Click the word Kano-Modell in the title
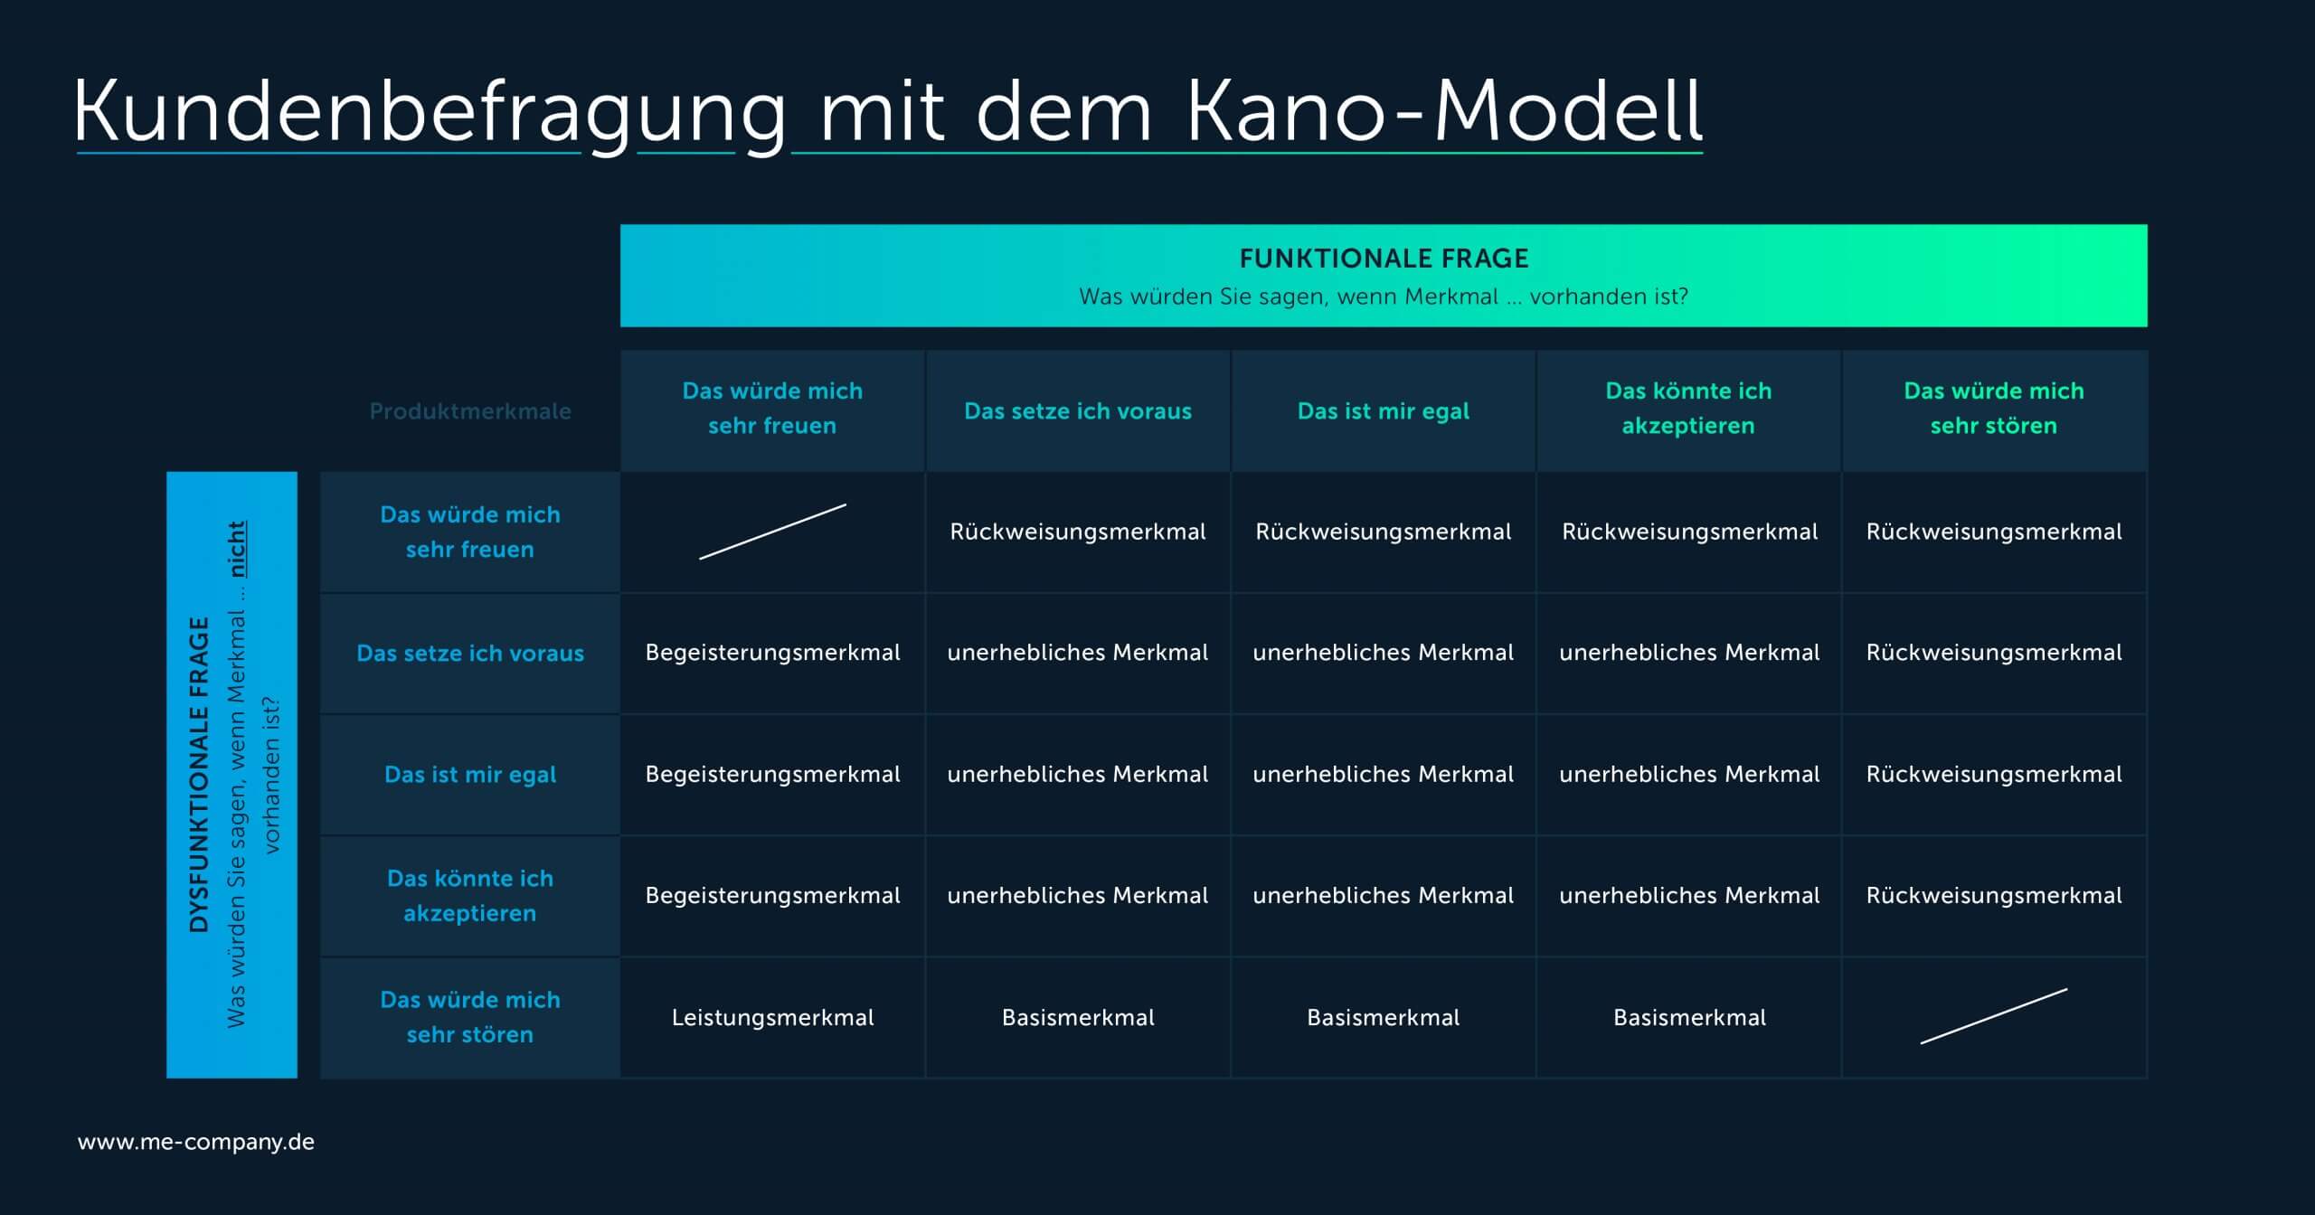click(1444, 111)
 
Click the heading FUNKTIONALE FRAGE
click(1384, 259)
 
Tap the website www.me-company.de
click(196, 1142)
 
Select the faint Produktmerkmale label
click(470, 411)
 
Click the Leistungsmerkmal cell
click(772, 1017)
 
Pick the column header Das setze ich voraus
click(1078, 411)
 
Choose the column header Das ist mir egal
click(1384, 411)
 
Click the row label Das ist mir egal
click(470, 775)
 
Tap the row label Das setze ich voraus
click(470, 653)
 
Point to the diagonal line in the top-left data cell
click(772, 532)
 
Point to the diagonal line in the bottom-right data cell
click(1994, 1016)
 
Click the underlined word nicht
click(236, 549)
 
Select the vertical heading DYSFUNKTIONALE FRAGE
click(199, 775)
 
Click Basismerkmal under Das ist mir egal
click(1384, 1017)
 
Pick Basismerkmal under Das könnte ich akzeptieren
click(1689, 1017)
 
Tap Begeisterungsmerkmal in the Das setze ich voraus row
click(772, 653)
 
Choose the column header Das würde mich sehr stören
click(1994, 408)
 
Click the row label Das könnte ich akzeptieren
click(470, 896)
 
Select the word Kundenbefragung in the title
click(430, 113)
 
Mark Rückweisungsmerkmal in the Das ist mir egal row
click(1994, 775)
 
